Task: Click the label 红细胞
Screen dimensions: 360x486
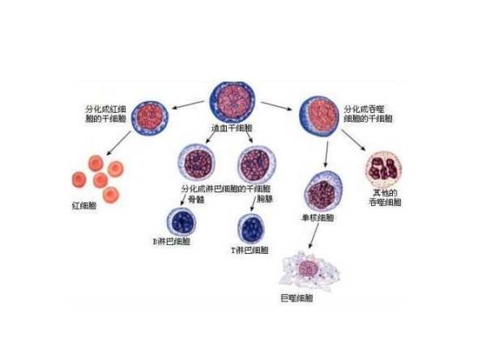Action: coord(85,206)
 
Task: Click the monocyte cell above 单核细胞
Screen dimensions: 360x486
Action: coord(322,193)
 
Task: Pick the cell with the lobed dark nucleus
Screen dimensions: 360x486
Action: coord(382,169)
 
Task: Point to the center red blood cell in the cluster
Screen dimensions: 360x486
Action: coord(101,179)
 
